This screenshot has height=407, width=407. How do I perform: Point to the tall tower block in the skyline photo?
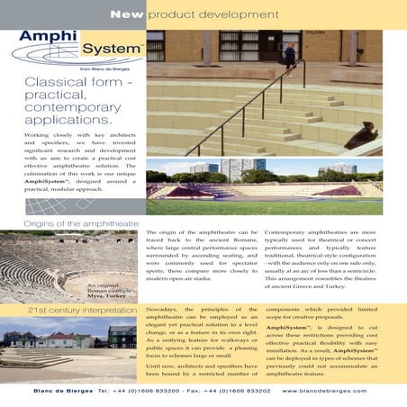point(260,167)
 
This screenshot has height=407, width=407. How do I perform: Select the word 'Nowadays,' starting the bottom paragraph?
point(162,309)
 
